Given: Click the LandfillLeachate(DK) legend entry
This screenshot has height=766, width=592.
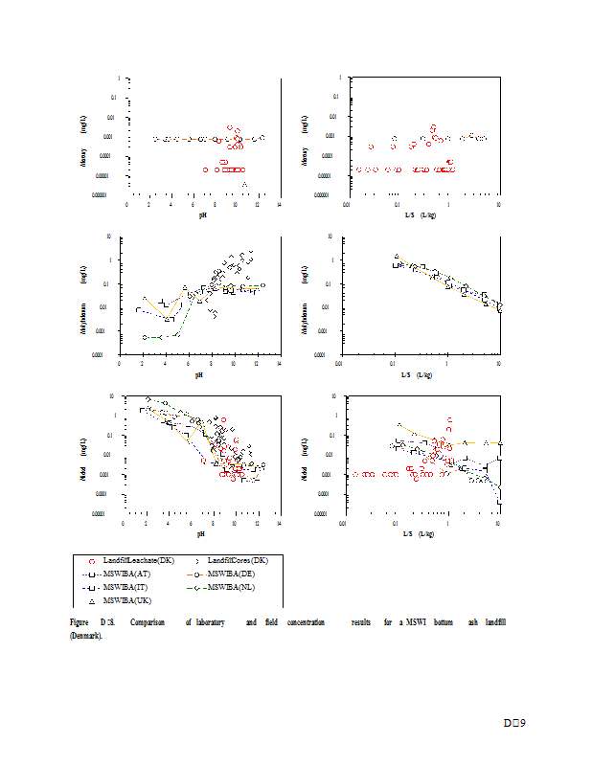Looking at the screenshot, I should pos(124,559).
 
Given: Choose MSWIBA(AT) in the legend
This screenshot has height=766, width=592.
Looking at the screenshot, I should pos(125,573).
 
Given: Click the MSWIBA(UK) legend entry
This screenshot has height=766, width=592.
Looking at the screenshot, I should pos(125,599).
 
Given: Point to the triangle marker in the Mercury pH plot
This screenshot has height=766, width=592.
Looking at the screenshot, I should pos(245,184).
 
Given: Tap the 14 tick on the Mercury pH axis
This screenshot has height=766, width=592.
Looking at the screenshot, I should pos(279,204).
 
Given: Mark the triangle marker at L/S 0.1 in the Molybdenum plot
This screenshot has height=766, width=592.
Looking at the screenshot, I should pos(397,257).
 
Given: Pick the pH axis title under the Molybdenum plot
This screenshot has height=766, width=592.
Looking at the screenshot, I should pos(199,374).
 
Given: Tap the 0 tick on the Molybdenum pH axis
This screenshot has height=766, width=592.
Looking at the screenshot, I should pos(120,363).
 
